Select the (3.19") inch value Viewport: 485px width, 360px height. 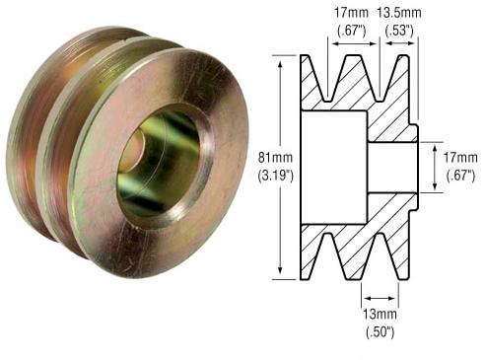[257, 177]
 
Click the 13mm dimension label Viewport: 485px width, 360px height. [379, 315]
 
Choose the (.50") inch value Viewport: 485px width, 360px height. [379, 331]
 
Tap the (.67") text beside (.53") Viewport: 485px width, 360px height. [350, 30]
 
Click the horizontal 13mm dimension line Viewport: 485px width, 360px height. [380, 294]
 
